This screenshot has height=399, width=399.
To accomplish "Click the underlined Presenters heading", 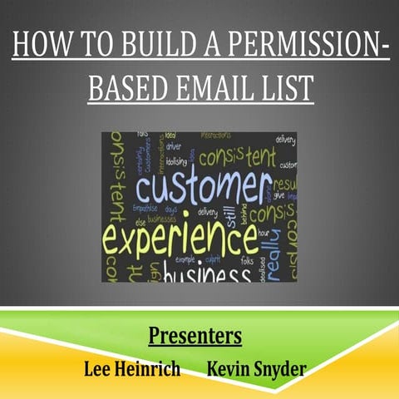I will pos(195,336).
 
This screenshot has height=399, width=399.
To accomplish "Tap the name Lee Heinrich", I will pos(132,367).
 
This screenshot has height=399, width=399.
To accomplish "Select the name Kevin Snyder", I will pos(255,367).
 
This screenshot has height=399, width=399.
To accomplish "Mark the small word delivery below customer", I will pos(207,213).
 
